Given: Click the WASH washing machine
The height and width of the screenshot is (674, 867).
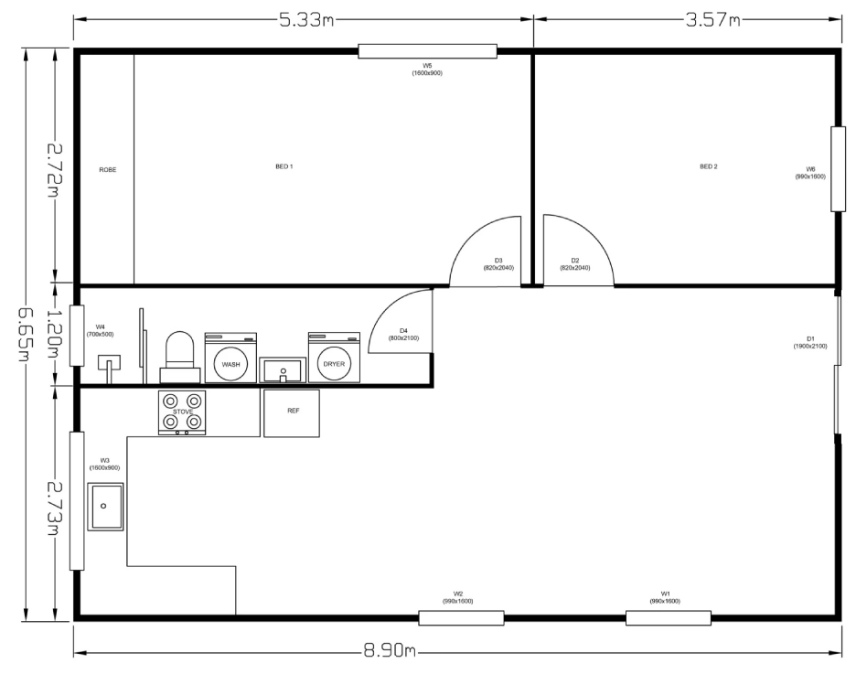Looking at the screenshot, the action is point(230,358).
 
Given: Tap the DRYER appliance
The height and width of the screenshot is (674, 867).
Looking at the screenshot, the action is point(334,358).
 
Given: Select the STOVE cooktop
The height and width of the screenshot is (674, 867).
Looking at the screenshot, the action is point(182,412).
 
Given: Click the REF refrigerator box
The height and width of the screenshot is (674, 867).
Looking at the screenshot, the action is point(292,413).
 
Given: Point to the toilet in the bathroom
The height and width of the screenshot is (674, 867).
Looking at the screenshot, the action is point(180,357).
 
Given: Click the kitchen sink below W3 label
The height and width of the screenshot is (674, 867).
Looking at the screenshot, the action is point(105,507).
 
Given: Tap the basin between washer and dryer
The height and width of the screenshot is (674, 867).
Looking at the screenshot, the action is point(283,369).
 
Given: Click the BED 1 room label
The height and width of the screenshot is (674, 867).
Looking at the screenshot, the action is point(284,166).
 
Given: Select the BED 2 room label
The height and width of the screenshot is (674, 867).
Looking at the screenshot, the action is point(708,166).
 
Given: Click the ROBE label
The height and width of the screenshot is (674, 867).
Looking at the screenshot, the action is point(108,170).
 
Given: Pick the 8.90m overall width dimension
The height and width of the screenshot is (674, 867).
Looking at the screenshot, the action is point(390,651).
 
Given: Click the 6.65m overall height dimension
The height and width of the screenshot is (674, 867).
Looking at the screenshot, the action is point(25,335).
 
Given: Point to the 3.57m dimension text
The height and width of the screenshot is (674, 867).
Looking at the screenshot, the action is point(712,20).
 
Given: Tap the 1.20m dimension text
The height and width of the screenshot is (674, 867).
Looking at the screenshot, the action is point(54,334).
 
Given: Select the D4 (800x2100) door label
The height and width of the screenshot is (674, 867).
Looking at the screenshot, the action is point(403,335).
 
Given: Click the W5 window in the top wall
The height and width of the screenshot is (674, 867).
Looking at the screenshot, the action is point(427,51).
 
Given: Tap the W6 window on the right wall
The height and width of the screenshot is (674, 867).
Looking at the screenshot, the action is point(839,169).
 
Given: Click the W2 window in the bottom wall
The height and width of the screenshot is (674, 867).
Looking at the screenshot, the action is point(461,617).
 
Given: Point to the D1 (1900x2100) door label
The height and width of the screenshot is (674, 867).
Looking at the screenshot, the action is point(810,342).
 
